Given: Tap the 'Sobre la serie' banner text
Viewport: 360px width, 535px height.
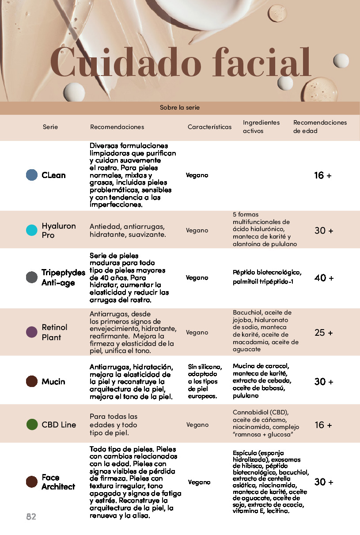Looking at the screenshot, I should pyautogui.click(x=180, y=107).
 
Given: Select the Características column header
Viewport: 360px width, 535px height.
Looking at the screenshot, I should pyautogui.click(x=209, y=127).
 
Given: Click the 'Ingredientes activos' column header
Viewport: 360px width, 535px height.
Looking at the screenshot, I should pyautogui.click(x=261, y=126).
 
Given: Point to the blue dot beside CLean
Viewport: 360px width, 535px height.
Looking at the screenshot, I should pyautogui.click(x=32, y=175).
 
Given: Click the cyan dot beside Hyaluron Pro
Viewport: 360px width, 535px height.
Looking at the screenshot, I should pyautogui.click(x=32, y=230).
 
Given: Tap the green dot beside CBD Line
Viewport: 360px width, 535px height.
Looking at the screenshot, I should pyautogui.click(x=32, y=425).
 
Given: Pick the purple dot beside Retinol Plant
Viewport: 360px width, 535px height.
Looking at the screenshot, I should pyautogui.click(x=32, y=332).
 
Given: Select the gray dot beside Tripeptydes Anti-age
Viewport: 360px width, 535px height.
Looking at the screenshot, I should pyautogui.click(x=32, y=277).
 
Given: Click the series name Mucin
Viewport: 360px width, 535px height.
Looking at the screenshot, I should pyautogui.click(x=53, y=381).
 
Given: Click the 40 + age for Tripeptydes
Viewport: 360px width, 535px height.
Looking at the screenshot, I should pyautogui.click(x=324, y=278).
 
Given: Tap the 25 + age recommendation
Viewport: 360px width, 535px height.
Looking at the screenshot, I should pyautogui.click(x=324, y=333).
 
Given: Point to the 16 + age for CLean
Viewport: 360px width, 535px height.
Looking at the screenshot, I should pyautogui.click(x=322, y=175).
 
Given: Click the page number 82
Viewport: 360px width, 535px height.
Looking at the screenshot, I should pyautogui.click(x=31, y=516).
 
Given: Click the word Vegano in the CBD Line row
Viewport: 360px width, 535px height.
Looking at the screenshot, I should pyautogui.click(x=197, y=425).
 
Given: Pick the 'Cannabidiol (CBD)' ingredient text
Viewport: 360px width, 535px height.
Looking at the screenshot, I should pyautogui.click(x=260, y=412).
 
